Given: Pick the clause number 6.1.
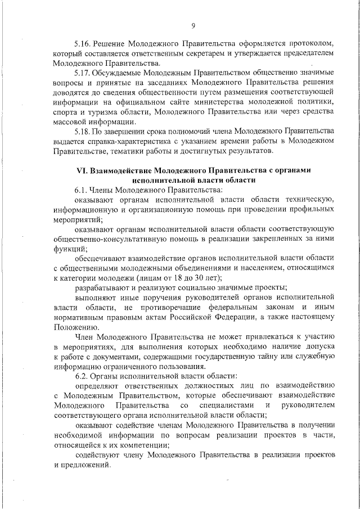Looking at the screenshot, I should pyautogui.click(x=82, y=191).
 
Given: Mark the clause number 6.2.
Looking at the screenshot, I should pyautogui.click(x=82, y=375).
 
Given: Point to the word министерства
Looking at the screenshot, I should pyautogui.click(x=231, y=102).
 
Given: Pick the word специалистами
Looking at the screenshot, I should pyautogui.click(x=226, y=406).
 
